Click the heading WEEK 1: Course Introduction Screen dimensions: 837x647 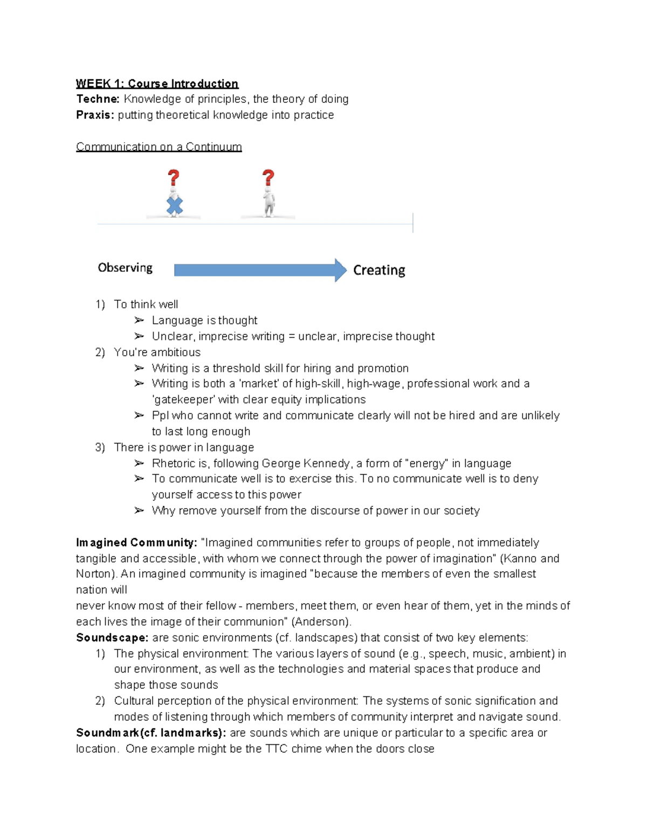[157, 84]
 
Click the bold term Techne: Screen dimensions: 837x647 [98, 99]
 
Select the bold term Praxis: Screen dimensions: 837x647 [95, 115]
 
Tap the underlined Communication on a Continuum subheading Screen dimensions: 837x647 [159, 147]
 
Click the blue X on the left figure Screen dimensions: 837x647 [174, 206]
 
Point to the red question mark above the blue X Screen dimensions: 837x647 [173, 178]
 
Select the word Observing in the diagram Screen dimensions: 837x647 [125, 268]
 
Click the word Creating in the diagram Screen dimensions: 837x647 [379, 270]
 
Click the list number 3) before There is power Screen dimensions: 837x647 [100, 447]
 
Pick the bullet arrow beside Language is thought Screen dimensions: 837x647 [139, 320]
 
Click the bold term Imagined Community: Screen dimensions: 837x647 [136, 543]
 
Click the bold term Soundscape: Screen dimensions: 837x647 [112, 638]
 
